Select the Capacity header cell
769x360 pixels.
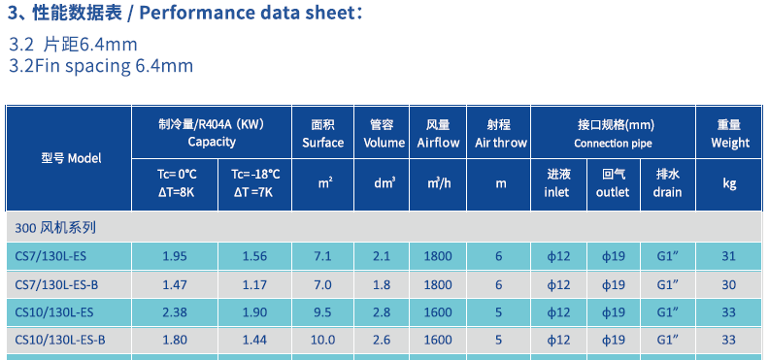click(x=212, y=133)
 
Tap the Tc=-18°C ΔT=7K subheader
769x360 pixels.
click(x=256, y=182)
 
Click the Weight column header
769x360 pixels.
click(x=729, y=133)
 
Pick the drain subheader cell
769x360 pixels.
click(x=668, y=182)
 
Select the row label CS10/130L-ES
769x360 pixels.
click(x=54, y=312)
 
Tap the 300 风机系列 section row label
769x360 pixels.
click(x=55, y=228)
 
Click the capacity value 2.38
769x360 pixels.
click(x=174, y=312)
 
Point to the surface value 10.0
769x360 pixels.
click(x=322, y=340)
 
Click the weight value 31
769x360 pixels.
click(x=729, y=256)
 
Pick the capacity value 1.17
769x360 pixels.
click(x=256, y=284)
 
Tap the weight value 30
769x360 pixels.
click(x=729, y=284)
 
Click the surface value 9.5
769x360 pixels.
click(x=322, y=312)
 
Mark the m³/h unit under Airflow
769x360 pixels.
click(x=438, y=182)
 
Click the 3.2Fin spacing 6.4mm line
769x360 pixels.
click(x=101, y=66)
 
